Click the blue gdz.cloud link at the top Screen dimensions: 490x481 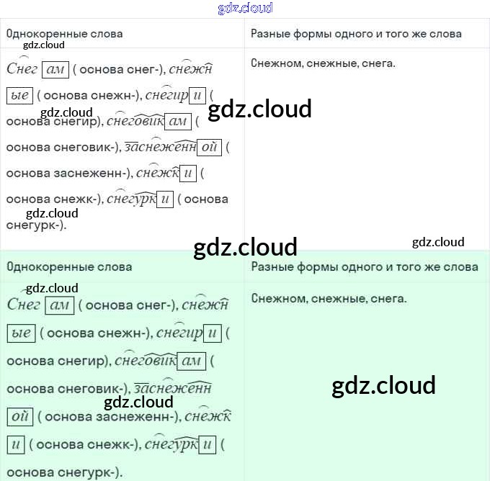(x=245, y=9)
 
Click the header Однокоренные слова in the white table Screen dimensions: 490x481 (x=64, y=34)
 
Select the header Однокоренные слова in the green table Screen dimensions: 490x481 (x=69, y=267)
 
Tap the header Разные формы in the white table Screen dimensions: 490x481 (x=356, y=34)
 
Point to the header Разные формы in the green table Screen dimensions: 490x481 (x=365, y=267)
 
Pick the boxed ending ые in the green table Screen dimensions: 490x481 (x=22, y=333)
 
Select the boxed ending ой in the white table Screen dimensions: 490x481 (x=209, y=148)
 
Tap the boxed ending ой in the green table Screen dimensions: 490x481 (x=19, y=417)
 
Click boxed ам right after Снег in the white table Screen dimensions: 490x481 (x=55, y=70)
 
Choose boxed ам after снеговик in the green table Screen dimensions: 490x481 (x=192, y=361)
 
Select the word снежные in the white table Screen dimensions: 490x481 (x=331, y=63)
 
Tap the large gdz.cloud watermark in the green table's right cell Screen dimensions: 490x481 (x=383, y=385)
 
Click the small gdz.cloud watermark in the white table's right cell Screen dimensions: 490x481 (x=438, y=242)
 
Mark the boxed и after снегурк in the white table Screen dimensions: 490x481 (x=165, y=199)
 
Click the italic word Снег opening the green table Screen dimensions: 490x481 (x=23, y=305)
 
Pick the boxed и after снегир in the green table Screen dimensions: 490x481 (x=211, y=333)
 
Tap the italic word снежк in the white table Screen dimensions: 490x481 (x=156, y=174)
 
